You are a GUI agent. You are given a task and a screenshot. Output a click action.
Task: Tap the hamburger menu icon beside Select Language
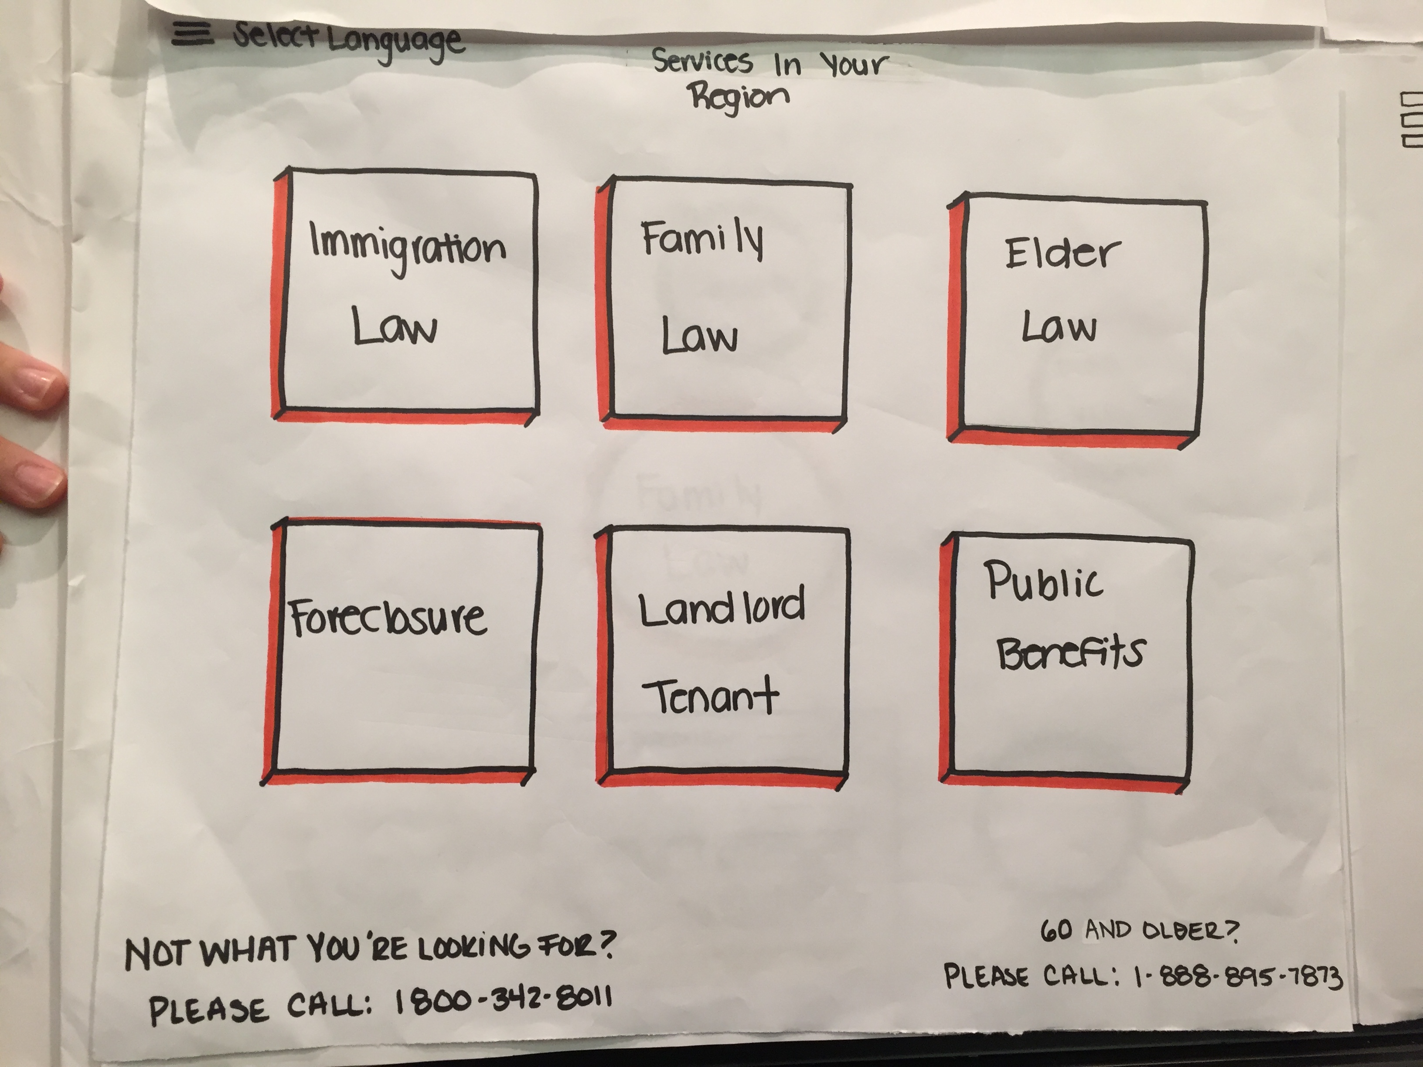[x=192, y=34]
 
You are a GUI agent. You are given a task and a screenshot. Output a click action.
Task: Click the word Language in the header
[x=395, y=44]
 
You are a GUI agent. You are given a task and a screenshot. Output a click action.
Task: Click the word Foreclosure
[x=387, y=618]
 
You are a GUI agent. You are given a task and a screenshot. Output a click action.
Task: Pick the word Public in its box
[x=1044, y=582]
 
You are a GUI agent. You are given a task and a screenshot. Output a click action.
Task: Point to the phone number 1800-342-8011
[x=502, y=1001]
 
